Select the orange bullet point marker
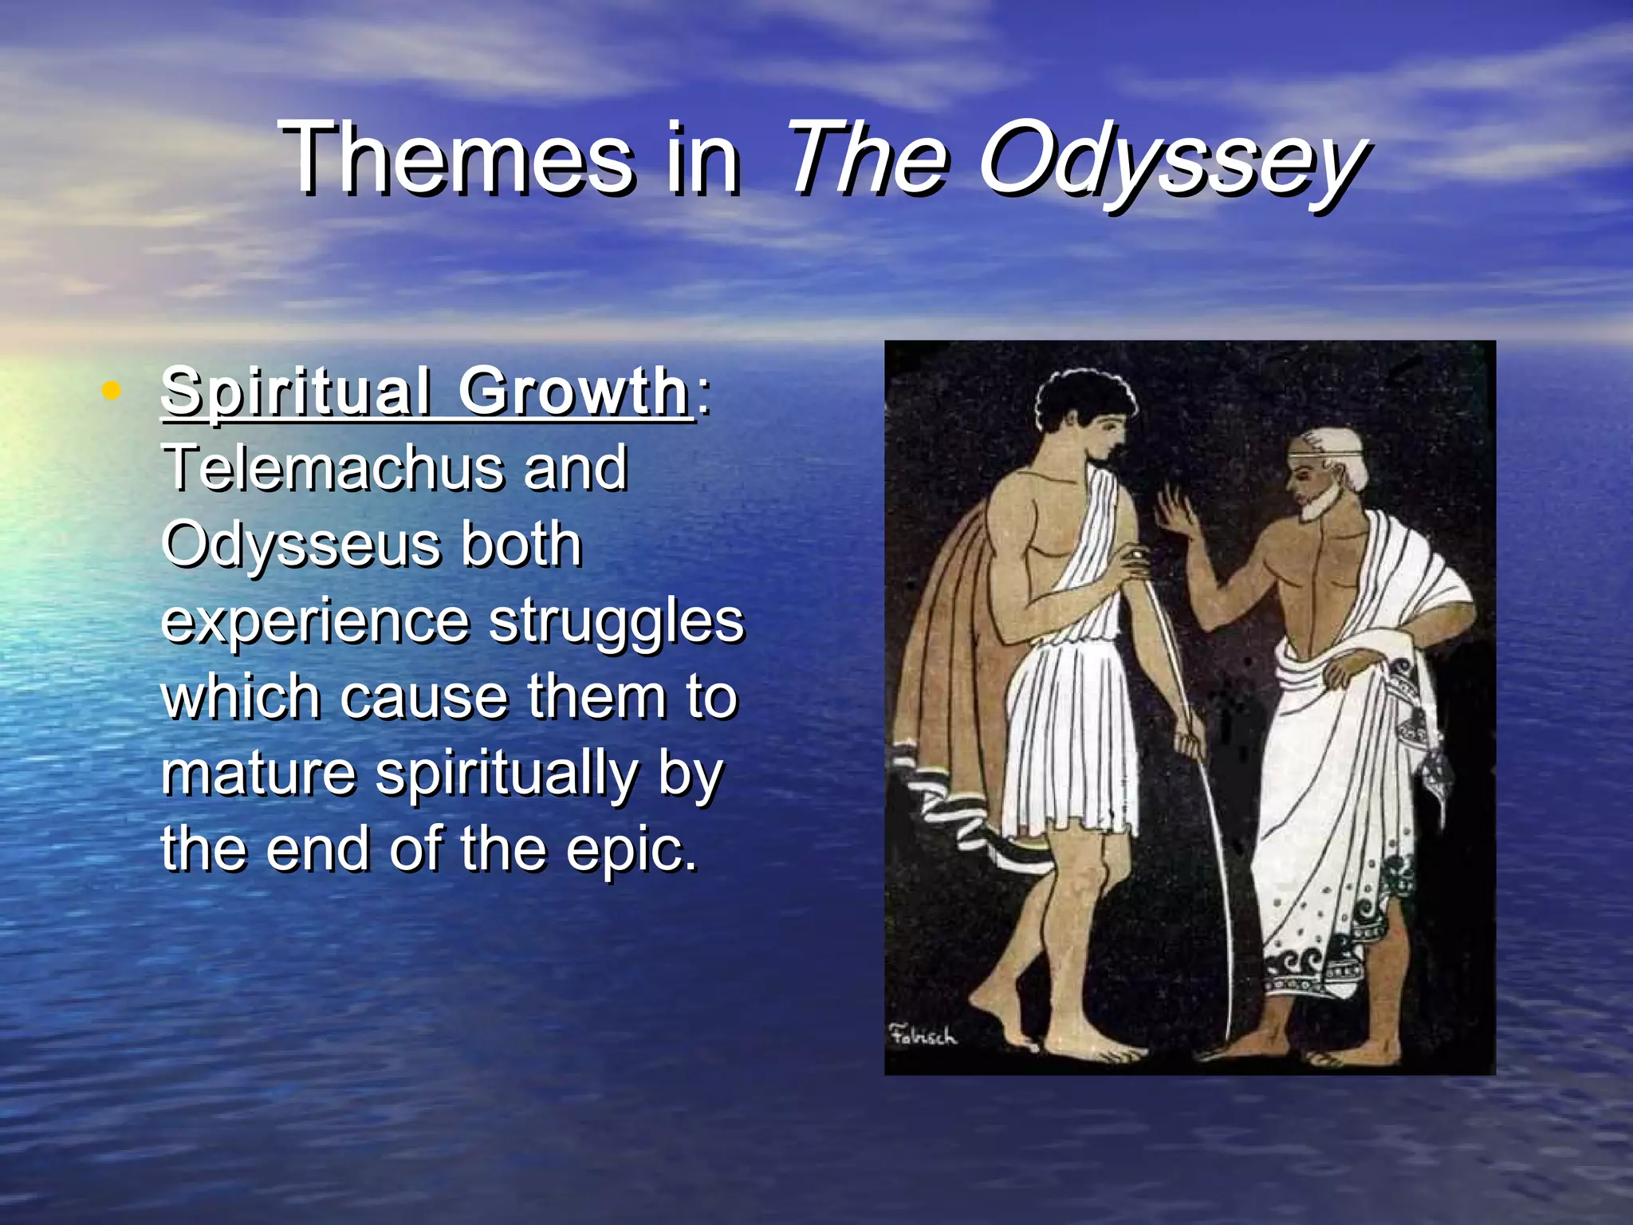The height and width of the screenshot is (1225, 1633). point(112,391)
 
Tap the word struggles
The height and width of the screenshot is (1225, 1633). point(616,621)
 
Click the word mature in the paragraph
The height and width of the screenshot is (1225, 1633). point(258,774)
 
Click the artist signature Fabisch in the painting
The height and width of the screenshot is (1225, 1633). point(923,1036)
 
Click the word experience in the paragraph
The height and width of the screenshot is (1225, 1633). point(315,621)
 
